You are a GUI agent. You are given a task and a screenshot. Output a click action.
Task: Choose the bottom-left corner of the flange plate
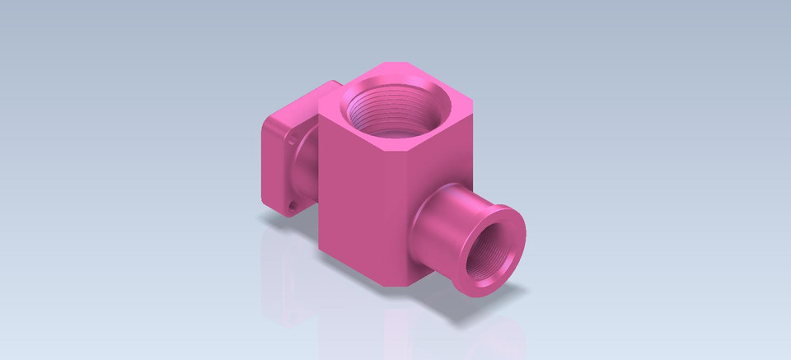[x=265, y=202]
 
